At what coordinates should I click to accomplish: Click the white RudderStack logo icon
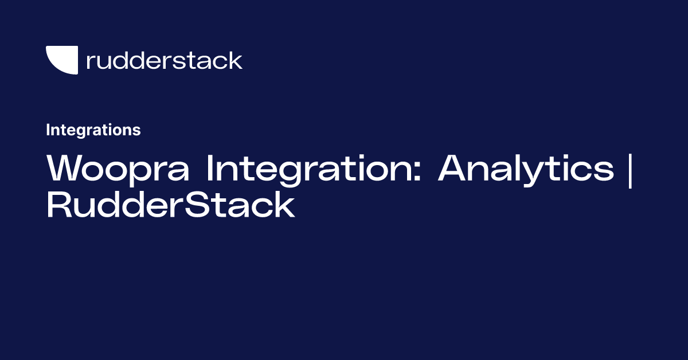click(x=61, y=60)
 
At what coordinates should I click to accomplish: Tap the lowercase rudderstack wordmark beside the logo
click(x=164, y=60)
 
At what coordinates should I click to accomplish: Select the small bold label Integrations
click(x=93, y=130)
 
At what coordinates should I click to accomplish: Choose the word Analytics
click(x=526, y=169)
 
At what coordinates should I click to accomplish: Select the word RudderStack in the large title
click(x=170, y=205)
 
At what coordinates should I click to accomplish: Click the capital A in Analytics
click(x=453, y=169)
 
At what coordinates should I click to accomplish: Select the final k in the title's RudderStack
click(x=285, y=205)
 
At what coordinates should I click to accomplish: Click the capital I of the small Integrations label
click(x=48, y=130)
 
